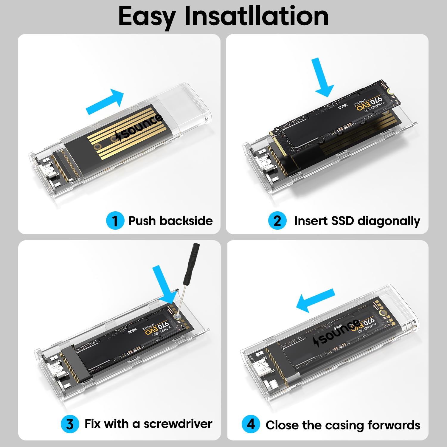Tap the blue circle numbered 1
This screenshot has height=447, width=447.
[x=115, y=221]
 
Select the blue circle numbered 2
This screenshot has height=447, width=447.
[x=277, y=221]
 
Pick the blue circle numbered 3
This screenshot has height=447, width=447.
[x=70, y=424]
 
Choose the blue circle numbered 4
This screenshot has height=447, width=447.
[x=251, y=424]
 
